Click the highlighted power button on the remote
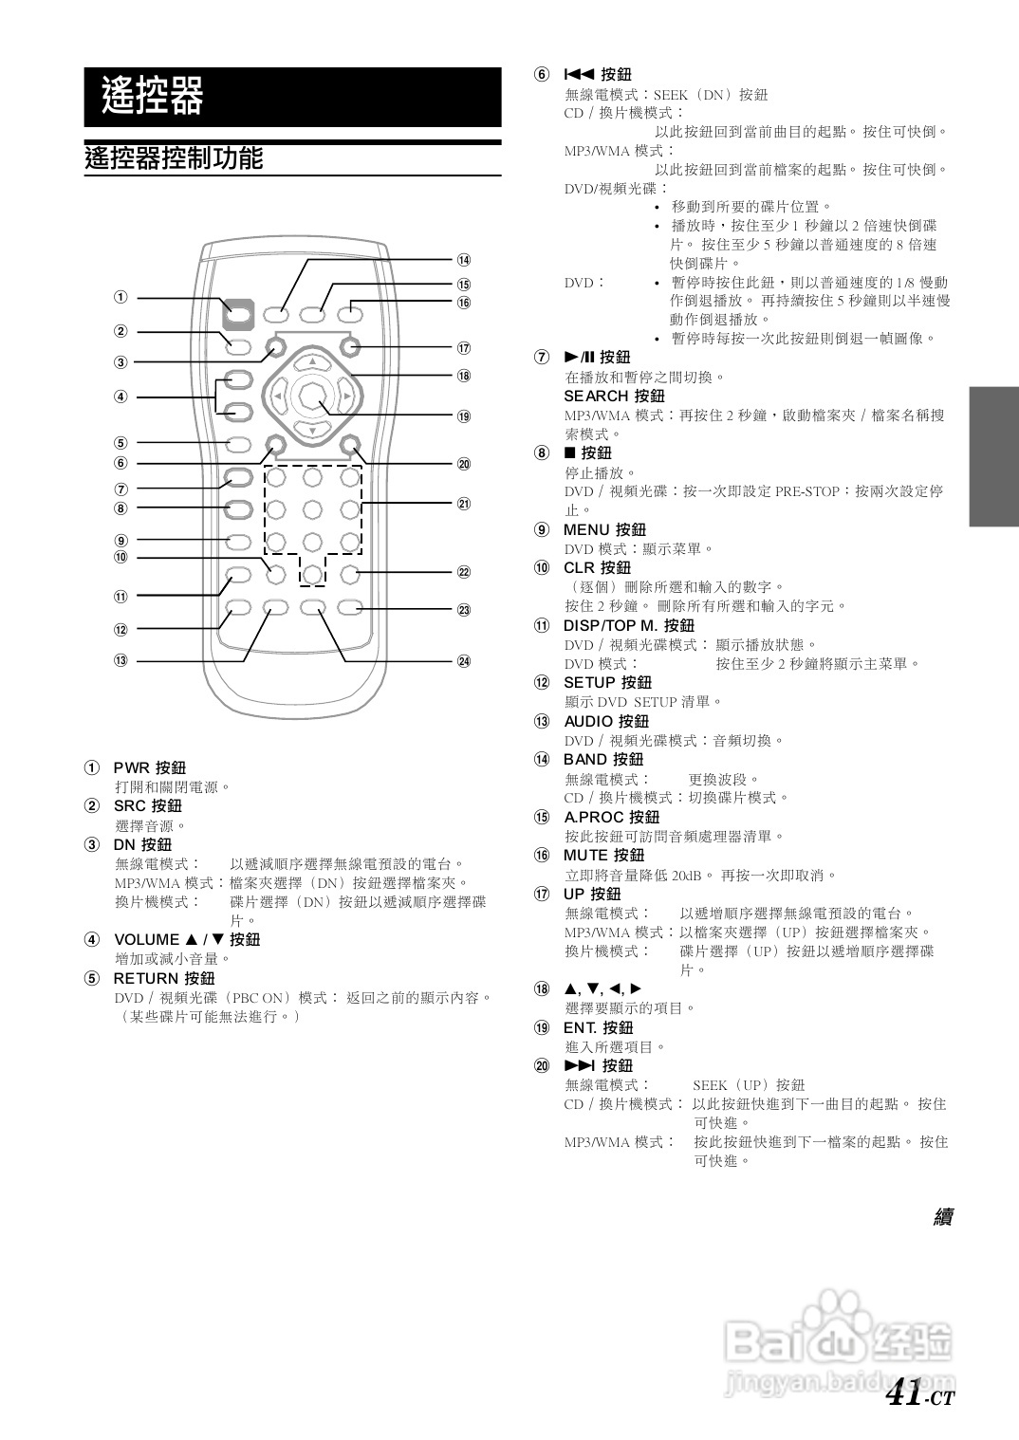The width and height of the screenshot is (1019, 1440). pos(240,310)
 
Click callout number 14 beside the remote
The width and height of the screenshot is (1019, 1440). pos(464,260)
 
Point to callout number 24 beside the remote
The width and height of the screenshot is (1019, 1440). pos(464,661)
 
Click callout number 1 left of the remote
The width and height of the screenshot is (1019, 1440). pos(120,297)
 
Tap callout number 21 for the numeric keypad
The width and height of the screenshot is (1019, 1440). pos(464,504)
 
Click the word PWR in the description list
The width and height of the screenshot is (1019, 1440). pos(131,767)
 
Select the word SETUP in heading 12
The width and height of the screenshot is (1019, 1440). pos(588,682)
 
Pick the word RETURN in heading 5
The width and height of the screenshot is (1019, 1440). pos(145,978)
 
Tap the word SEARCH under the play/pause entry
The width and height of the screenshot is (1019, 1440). pos(595,396)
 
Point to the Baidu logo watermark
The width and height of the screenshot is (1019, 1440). pos(837,1340)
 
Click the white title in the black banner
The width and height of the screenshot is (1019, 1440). pos(153,96)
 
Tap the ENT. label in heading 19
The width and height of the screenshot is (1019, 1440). pos(580,1027)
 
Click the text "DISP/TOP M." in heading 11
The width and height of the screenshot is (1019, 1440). pos(610,625)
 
